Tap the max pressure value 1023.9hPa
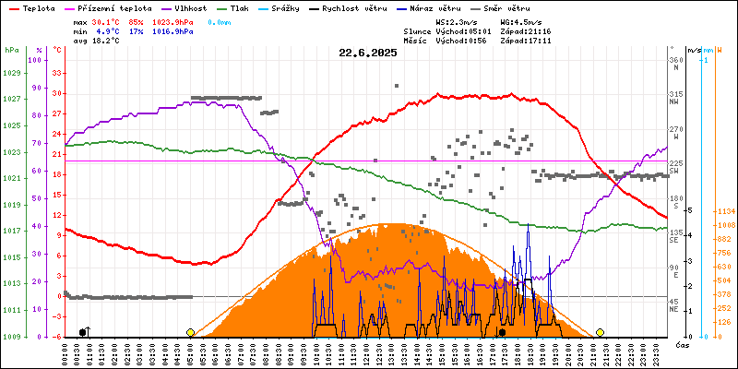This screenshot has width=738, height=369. pos(172,20)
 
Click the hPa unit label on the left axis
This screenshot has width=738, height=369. pos(11,50)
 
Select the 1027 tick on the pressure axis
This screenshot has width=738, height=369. pos(10,98)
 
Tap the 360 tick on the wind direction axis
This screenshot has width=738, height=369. pos(676,60)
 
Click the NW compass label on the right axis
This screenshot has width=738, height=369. pos(675,101)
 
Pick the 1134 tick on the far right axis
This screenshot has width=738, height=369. pos(724,211)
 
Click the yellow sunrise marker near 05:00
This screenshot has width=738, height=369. pos(190,332)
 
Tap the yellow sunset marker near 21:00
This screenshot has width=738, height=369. pos(600,332)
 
